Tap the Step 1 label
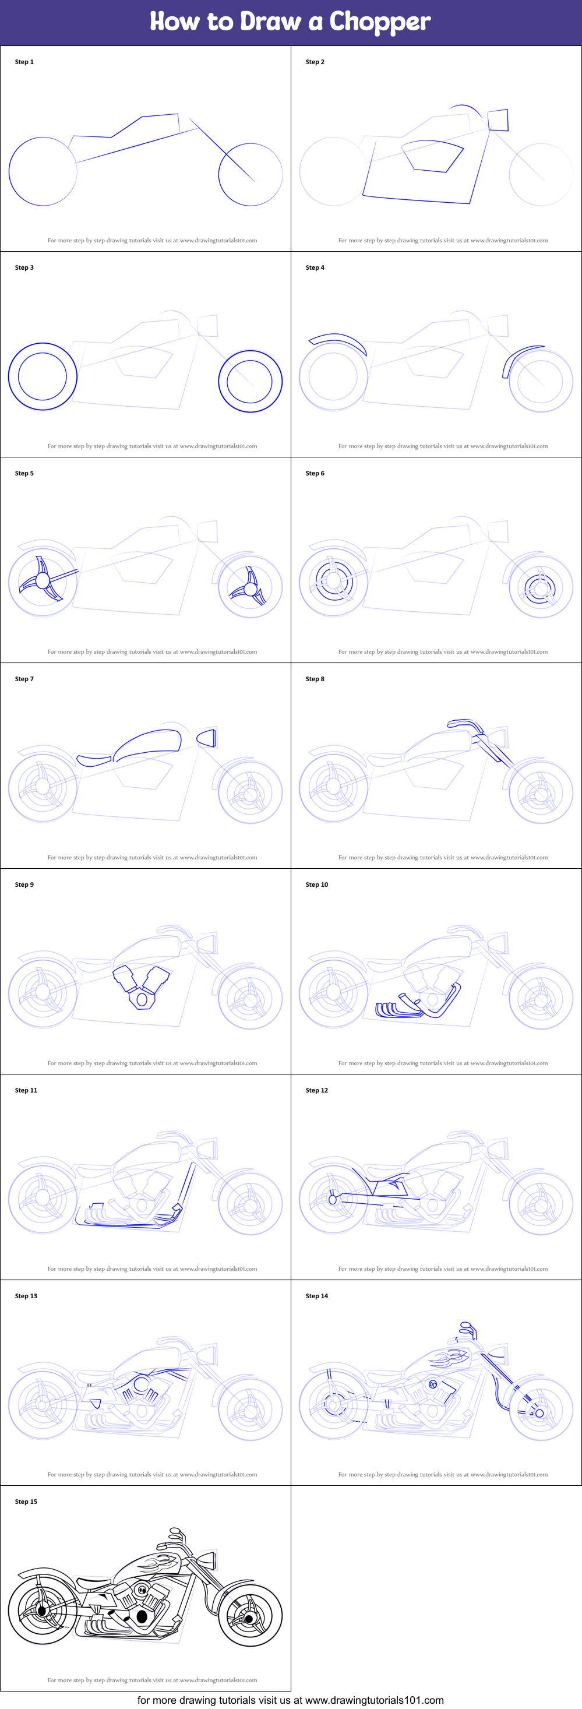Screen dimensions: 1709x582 24,62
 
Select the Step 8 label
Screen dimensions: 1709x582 315,679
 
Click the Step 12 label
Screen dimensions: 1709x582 316,1090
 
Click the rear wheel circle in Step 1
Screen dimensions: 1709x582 43,171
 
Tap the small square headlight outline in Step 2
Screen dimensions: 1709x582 498,120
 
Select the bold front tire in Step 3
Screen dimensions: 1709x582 250,381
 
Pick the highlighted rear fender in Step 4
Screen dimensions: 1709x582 337,341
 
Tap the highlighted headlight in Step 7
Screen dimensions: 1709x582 207,738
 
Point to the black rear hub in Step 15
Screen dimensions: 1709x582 43,1611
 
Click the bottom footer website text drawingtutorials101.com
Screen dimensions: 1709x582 374,1700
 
